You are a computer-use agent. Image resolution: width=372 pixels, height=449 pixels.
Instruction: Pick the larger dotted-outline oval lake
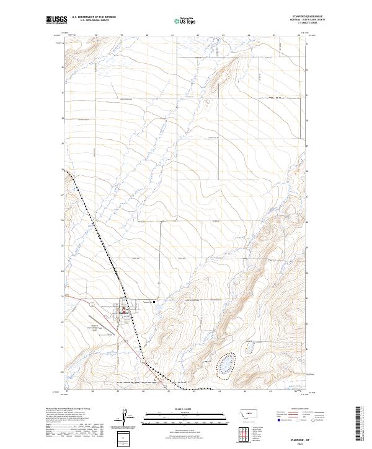pos(226,365)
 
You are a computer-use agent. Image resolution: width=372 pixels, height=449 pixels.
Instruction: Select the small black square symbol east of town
pos(154,302)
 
